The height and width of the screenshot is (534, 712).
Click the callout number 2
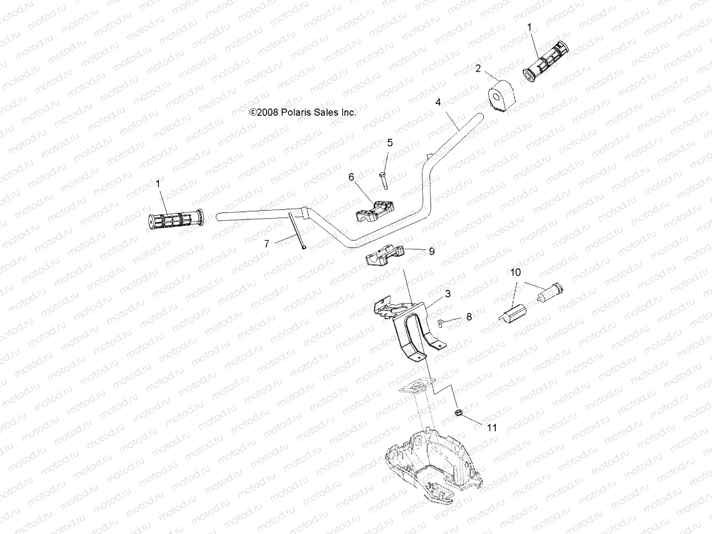(478, 69)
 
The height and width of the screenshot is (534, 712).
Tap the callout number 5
(390, 143)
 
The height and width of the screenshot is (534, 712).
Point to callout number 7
(267, 243)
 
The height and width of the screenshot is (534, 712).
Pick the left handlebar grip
(175, 219)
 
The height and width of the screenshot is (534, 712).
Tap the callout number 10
(515, 272)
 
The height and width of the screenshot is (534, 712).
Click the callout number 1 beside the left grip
(158, 183)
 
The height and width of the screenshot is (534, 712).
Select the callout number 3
(448, 294)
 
